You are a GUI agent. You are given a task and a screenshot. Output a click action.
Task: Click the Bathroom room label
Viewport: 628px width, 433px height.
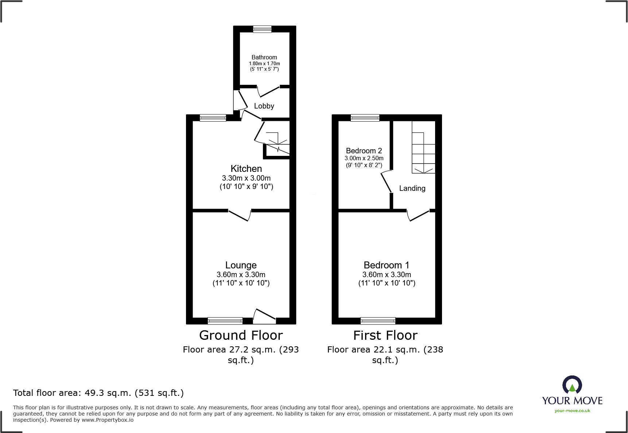coord(264,57)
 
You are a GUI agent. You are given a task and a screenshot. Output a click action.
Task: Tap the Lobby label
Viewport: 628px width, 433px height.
coord(264,106)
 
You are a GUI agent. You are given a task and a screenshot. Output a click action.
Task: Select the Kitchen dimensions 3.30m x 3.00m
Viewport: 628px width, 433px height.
coord(246,178)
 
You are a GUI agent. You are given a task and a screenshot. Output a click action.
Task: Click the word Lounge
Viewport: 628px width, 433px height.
coord(241,265)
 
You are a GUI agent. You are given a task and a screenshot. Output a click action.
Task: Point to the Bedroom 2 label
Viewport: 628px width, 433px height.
coord(364,151)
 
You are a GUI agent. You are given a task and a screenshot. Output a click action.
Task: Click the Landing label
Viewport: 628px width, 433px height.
coord(412,188)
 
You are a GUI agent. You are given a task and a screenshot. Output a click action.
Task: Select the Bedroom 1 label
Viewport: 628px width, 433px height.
coord(386,265)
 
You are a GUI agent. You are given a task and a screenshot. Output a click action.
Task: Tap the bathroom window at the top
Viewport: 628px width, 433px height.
coord(262,29)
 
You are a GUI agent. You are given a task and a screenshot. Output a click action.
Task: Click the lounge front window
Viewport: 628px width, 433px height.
coord(225,321)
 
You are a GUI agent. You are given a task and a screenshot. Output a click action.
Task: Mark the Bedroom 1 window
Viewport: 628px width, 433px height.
coord(378,321)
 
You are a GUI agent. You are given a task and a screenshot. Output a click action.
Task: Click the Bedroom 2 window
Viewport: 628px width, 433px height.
coord(365,118)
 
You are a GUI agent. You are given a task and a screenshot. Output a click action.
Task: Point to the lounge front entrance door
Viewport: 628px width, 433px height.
coord(264,316)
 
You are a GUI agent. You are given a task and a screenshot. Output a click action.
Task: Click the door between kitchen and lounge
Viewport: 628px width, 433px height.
coord(240,215)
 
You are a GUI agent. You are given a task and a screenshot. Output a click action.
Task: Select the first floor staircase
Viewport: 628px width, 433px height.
coord(423,147)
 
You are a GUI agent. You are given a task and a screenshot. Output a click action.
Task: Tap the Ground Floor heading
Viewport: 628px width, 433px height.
coord(241,335)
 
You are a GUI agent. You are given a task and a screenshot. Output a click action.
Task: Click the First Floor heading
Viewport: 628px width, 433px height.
coord(385,335)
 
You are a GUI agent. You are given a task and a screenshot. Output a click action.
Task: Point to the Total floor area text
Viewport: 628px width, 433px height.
coord(98,393)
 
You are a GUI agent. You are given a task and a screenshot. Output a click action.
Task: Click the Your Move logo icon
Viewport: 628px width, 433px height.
coord(572,385)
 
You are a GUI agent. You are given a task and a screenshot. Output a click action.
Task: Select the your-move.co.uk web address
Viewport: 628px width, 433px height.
coord(572,411)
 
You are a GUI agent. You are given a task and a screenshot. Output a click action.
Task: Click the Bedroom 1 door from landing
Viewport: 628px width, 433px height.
coord(418,215)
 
